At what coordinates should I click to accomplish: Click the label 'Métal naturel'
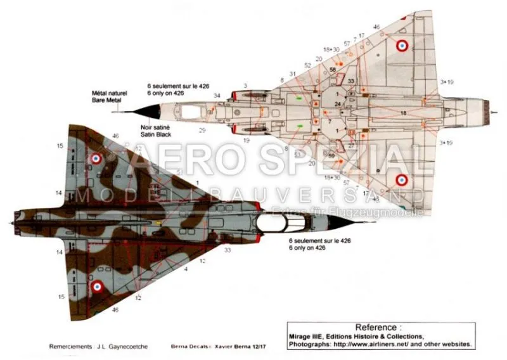pyautogui.click(x=110, y=93)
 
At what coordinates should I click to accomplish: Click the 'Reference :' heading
pyautogui.click(x=379, y=327)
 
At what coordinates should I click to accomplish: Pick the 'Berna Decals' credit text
pyautogui.click(x=183, y=348)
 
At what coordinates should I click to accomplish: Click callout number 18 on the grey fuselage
pyautogui.click(x=403, y=112)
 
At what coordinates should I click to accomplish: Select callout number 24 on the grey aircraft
pyautogui.click(x=338, y=103)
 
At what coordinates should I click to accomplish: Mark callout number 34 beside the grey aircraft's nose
pyautogui.click(x=217, y=96)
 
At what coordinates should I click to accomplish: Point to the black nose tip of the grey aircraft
pyautogui.click(x=131, y=110)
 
